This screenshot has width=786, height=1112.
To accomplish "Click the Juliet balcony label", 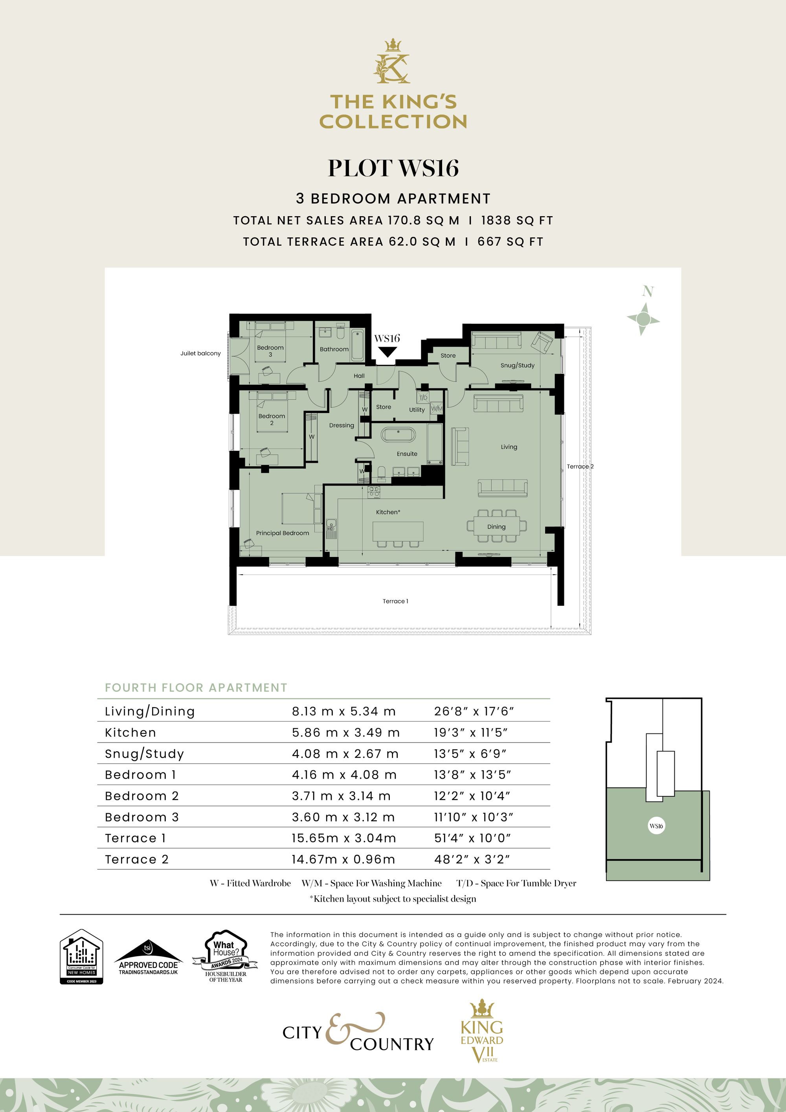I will (x=200, y=353).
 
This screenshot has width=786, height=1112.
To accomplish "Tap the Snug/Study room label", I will (x=517, y=365).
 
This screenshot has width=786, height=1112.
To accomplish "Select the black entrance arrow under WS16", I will (x=387, y=352).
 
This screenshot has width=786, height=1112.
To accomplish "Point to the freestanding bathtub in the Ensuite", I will (x=398, y=434).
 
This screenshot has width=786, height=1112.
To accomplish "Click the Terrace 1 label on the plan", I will (x=395, y=601).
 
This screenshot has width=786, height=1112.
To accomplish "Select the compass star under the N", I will (x=643, y=319).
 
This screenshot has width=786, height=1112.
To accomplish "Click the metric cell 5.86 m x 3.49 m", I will (x=346, y=732).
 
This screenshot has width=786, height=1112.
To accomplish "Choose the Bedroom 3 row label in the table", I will (x=142, y=817).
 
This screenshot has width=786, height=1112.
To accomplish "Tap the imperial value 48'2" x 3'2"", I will (x=472, y=859).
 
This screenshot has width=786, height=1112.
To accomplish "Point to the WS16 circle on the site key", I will (x=656, y=826).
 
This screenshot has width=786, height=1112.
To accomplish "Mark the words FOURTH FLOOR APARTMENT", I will (x=196, y=688).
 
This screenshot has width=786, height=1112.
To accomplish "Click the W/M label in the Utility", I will (x=436, y=408).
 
